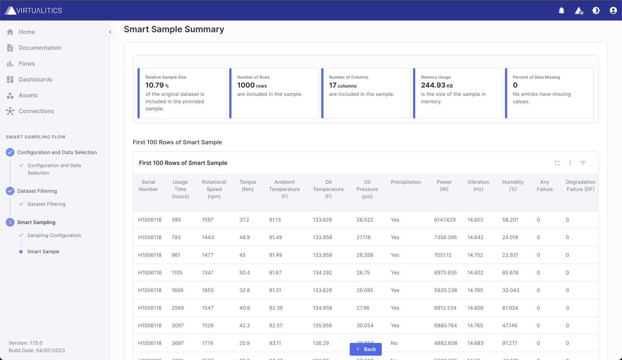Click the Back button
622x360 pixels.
coord(365,349)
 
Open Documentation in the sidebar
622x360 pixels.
coord(39,48)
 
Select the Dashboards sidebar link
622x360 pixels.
coord(35,79)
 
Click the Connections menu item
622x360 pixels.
coord(36,111)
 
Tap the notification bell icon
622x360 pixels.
coord(561,10)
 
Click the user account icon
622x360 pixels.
coord(613,10)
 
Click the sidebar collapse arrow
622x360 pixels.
coord(110,32)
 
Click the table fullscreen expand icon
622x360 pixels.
coord(557,163)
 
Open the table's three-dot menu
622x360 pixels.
coord(570,163)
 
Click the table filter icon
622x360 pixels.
coord(583,163)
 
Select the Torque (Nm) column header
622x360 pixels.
coord(247,186)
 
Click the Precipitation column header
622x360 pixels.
coord(406,182)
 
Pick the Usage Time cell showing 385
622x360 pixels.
coord(176,220)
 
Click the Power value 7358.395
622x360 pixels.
coord(445,238)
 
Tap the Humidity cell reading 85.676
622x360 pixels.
coord(510,273)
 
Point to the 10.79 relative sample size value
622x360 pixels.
coord(154,85)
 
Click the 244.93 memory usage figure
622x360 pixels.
coord(433,85)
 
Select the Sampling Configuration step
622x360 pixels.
coord(54,235)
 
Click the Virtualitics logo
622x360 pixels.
coord(33,10)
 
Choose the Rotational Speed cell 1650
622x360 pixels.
coord(208,290)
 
